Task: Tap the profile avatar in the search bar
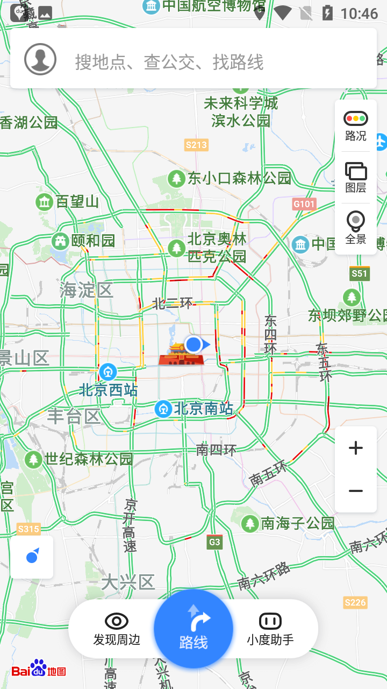(x=40, y=59)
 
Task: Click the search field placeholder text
(x=169, y=62)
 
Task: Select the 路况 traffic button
(x=356, y=126)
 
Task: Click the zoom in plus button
(x=356, y=448)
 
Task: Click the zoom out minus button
(x=356, y=491)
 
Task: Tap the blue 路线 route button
(x=193, y=629)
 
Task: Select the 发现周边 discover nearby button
(x=117, y=629)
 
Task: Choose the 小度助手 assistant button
(x=270, y=629)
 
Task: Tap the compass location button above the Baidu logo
(x=32, y=557)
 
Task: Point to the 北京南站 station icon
(x=163, y=409)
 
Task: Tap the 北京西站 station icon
(x=108, y=371)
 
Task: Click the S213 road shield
(x=196, y=145)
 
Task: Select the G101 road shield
(x=304, y=204)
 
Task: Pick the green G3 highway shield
(x=214, y=542)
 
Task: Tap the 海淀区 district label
(x=86, y=290)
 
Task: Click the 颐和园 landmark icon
(x=60, y=241)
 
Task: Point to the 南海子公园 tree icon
(x=250, y=523)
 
